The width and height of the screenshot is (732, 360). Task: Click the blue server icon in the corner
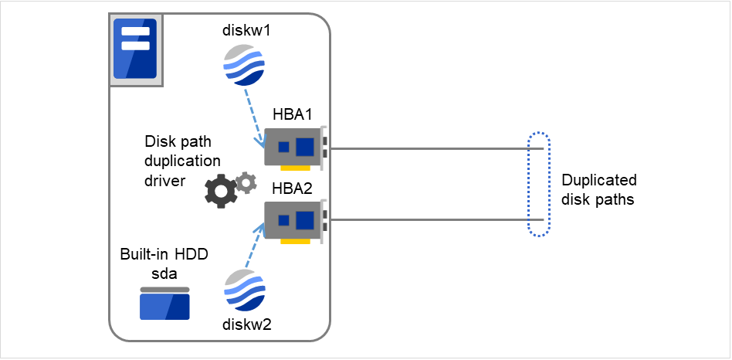point(135,49)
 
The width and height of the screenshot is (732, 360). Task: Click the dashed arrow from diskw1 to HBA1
point(253,117)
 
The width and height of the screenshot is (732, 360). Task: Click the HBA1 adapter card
point(295,147)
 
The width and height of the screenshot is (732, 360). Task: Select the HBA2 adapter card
point(295,220)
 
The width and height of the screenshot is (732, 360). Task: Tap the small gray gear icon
point(246,183)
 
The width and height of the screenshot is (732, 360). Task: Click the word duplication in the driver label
point(183,161)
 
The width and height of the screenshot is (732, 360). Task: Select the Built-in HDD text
point(164,254)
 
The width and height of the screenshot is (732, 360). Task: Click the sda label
point(164,272)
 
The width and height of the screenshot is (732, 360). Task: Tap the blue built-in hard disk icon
point(164,304)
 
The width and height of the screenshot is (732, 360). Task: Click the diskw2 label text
point(244,324)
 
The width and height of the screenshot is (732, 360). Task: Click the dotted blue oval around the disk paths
point(539,184)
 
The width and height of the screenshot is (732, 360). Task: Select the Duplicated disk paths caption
point(598,190)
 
